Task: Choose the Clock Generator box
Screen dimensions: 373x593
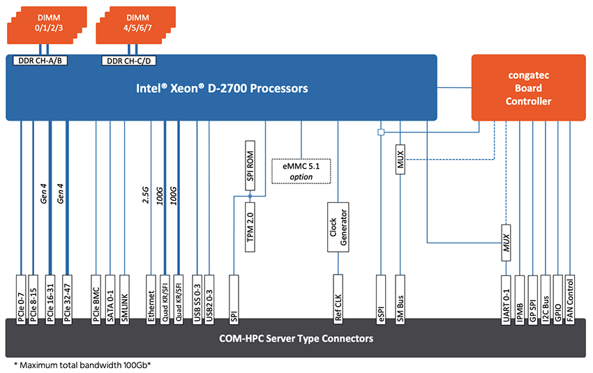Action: [x=338, y=227]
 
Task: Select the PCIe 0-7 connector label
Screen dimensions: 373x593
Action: [x=20, y=300]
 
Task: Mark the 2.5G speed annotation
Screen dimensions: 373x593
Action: [x=146, y=196]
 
